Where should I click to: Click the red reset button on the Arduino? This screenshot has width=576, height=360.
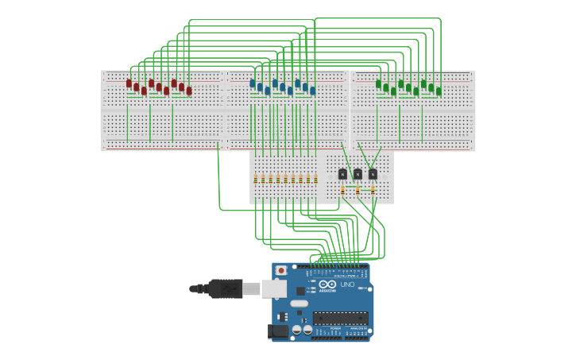[280, 270]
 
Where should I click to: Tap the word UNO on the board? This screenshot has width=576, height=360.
[347, 285]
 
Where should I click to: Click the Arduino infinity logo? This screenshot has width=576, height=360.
[328, 285]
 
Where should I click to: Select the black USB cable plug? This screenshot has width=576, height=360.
[225, 288]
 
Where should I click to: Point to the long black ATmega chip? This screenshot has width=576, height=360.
[339, 318]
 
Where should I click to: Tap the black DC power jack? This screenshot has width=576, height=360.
[278, 331]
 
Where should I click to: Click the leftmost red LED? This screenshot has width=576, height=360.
[129, 83]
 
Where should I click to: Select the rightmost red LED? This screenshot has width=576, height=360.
[189, 91]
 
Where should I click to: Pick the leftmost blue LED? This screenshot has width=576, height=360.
[253, 83]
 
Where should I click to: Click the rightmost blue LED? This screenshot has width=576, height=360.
[313, 91]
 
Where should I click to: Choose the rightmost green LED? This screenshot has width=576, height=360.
[439, 91]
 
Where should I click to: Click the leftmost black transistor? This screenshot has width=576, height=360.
[342, 174]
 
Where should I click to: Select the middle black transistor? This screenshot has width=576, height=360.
[358, 174]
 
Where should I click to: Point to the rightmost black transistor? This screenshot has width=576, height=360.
[373, 174]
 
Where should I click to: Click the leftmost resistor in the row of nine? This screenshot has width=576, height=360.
[256, 179]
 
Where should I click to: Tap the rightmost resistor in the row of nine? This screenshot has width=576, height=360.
[315, 179]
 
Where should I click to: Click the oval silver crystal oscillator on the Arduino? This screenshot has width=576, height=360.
[299, 303]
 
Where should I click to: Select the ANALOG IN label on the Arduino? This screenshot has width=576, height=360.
[358, 327]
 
